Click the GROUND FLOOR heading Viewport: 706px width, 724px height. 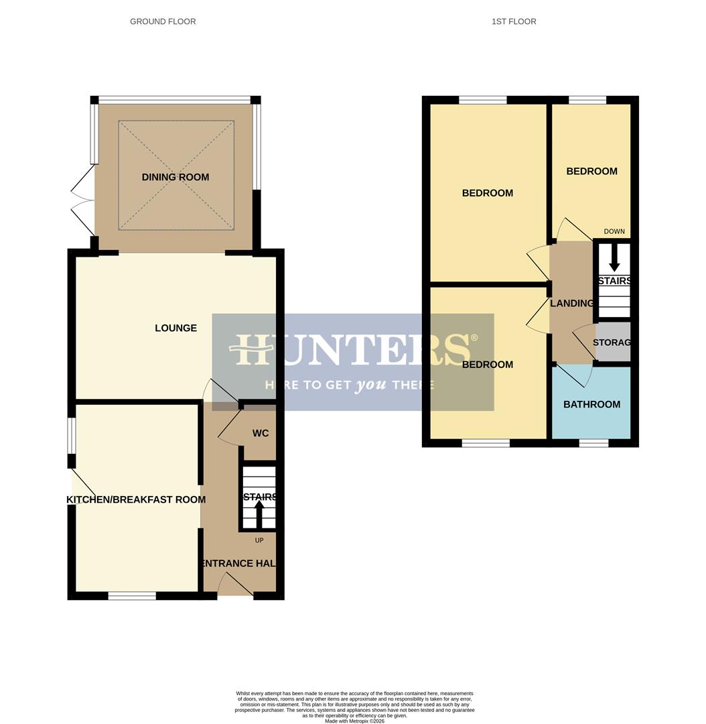tap(163, 21)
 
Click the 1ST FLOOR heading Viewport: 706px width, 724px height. tap(514, 21)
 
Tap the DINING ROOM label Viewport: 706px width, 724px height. tap(175, 177)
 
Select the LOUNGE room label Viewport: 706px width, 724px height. tap(175, 328)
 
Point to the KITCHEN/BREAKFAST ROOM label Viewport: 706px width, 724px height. tap(136, 499)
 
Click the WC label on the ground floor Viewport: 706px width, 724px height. tap(261, 433)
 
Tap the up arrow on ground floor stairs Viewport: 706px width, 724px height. tap(259, 514)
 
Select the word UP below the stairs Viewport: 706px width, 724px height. tap(259, 540)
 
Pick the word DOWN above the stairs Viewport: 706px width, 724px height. tap(614, 231)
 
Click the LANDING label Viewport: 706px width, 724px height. tap(571, 303)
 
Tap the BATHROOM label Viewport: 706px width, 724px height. tap(591, 404)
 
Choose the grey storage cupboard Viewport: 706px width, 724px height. tap(613, 342)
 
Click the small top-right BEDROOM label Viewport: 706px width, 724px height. tap(591, 171)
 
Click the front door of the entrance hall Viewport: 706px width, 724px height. tap(235, 588)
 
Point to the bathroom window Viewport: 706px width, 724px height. tap(593, 443)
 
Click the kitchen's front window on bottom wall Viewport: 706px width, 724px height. tap(132, 595)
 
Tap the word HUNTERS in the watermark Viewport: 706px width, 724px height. tap(352, 349)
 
